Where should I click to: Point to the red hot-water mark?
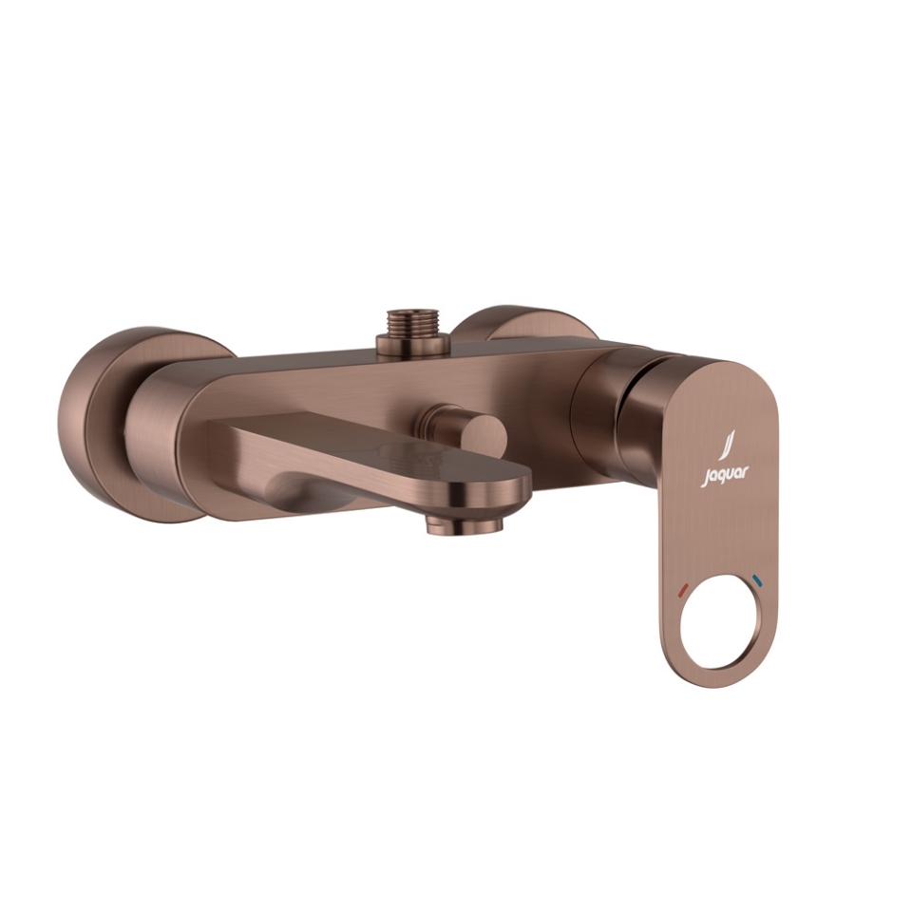tap(683, 591)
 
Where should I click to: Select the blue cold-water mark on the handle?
tap(756, 579)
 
